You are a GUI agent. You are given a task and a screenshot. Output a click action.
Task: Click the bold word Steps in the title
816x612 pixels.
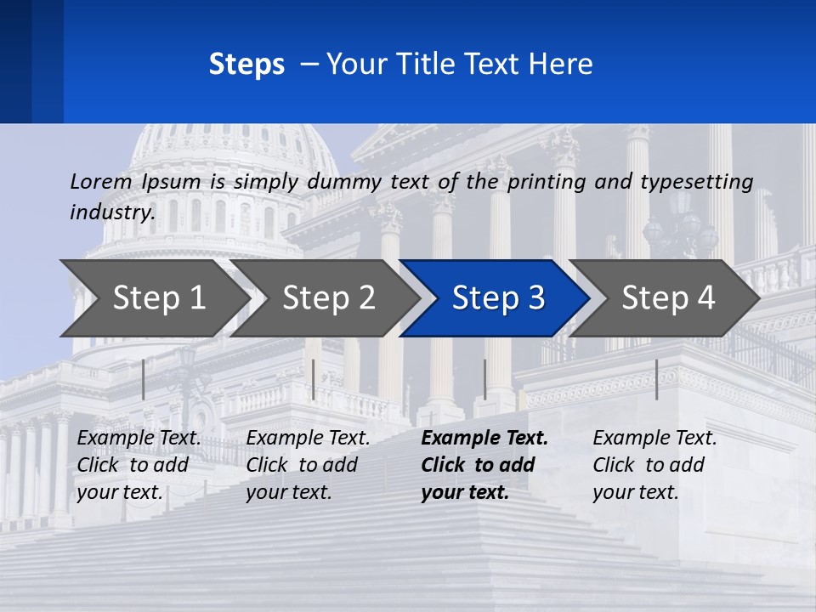point(246,64)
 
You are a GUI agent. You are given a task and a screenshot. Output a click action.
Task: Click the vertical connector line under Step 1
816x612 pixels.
point(143,379)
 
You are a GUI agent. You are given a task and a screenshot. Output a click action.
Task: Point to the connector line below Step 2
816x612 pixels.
point(314,379)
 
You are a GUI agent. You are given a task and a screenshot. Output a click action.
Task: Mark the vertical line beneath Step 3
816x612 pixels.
point(484,379)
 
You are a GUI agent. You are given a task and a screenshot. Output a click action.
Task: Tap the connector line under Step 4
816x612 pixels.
point(656,379)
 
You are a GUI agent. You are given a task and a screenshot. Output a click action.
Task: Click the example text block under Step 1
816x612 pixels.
point(139,465)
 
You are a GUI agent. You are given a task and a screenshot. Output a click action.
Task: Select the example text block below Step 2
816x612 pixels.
point(308,465)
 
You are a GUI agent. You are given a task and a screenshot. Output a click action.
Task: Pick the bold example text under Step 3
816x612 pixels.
point(484,465)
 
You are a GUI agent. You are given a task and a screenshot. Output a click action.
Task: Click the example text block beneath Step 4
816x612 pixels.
point(654,465)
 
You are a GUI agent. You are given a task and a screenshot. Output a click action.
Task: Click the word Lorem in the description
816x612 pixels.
point(101,181)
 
